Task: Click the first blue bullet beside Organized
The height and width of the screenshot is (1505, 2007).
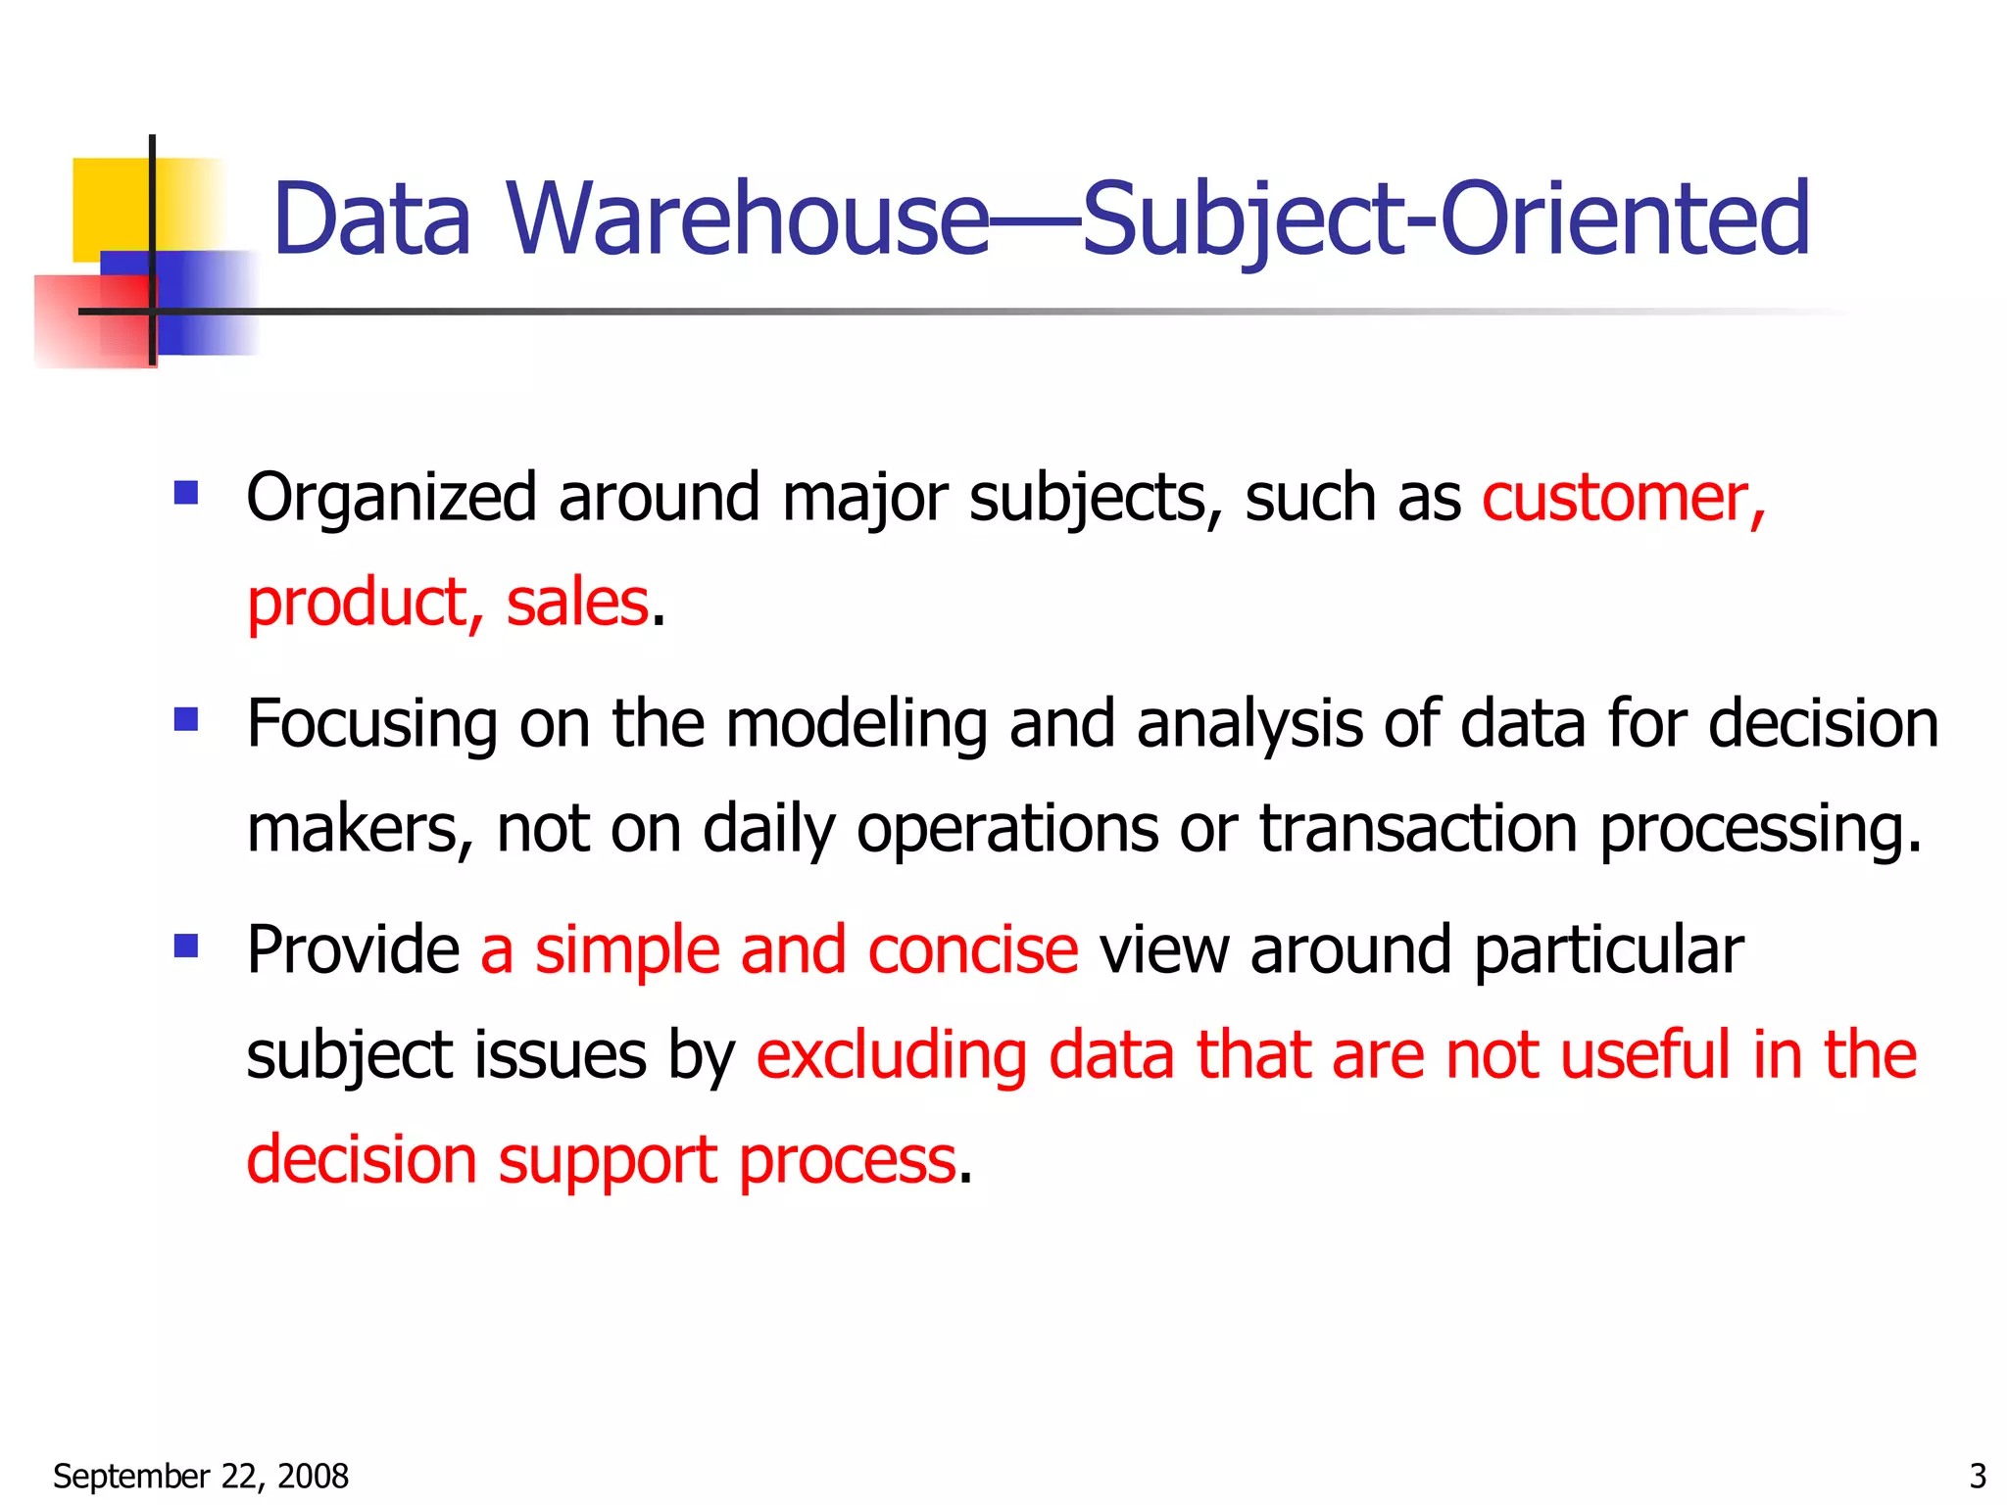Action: pos(186,492)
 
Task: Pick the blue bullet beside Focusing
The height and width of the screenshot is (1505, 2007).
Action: pos(186,720)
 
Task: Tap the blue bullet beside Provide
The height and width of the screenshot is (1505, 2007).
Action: pos(186,946)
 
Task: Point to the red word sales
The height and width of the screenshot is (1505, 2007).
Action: pos(576,603)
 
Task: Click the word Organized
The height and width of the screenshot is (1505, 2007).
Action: pos(391,498)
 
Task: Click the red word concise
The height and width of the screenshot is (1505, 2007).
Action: pos(972,950)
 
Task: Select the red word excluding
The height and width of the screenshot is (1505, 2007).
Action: pos(891,1055)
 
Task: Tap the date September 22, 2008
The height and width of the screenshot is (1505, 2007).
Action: pos(201,1476)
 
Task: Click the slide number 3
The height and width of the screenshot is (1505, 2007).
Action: pos(1978,1476)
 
